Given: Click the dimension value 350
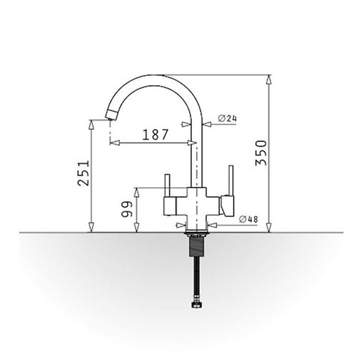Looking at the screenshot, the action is tap(261, 153).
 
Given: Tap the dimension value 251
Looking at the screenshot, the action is tap(83, 173).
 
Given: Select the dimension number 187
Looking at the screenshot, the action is tap(156, 135).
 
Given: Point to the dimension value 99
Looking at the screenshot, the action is tap(127, 209).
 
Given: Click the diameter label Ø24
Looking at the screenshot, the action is tap(228, 119).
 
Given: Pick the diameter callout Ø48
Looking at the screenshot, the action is tap(249, 219).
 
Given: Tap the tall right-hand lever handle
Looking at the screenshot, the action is tap(230, 180).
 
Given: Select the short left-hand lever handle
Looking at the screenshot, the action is tap(167, 185).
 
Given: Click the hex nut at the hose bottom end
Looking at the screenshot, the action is tap(196, 305).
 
